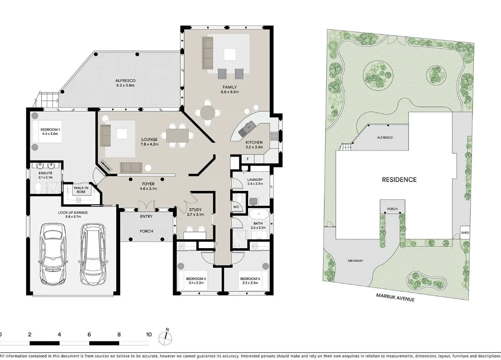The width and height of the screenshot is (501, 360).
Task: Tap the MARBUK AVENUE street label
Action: coord(396,297)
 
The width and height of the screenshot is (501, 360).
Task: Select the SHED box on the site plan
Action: coord(465,233)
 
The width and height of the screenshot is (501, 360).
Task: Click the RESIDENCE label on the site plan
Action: coord(399,180)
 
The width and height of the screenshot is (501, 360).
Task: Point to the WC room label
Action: coord(236,207)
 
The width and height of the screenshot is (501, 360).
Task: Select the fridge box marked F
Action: coord(247,159)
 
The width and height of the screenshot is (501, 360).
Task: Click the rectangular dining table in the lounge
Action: coord(177,135)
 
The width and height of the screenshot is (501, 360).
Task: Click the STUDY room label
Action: coord(195,210)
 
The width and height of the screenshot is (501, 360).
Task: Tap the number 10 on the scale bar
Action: coord(149,334)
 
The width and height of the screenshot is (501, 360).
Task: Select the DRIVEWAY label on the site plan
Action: coord(355,261)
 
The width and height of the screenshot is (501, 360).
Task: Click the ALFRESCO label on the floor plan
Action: coord(125,81)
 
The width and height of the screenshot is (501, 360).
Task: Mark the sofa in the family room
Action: coord(207,53)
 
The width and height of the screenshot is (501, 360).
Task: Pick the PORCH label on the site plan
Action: coord(392,209)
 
